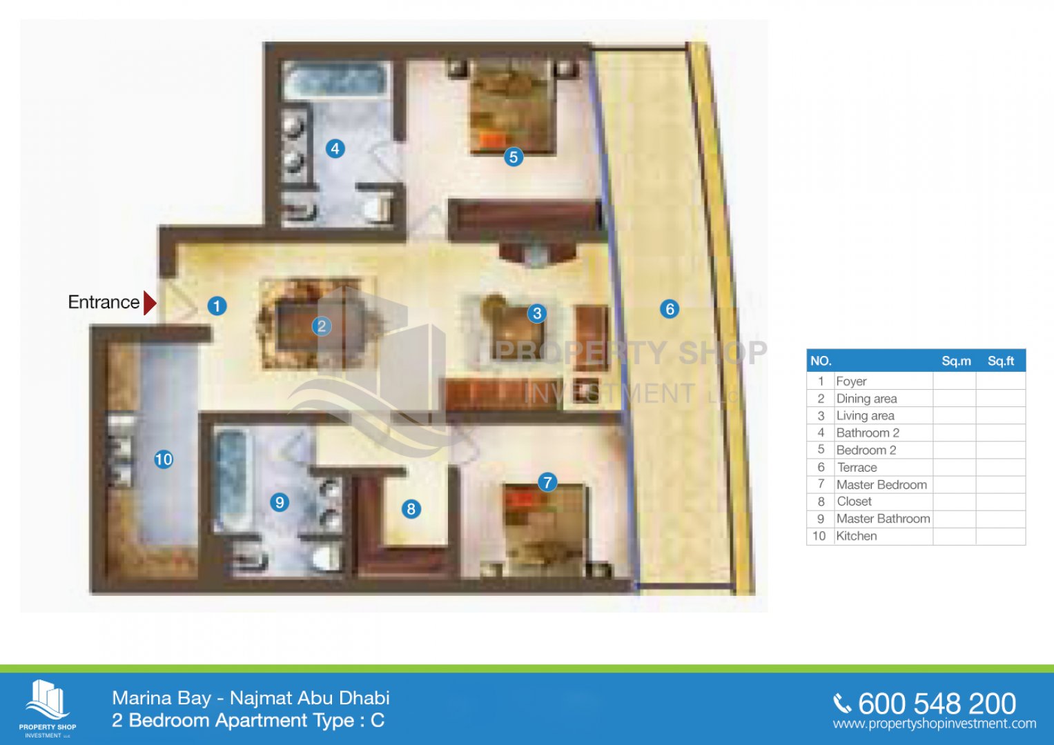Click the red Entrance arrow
(x=150, y=303)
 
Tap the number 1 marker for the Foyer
(x=217, y=306)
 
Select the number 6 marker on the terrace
(x=669, y=309)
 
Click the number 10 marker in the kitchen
(x=164, y=459)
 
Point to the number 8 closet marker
(x=411, y=509)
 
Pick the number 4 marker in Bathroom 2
(x=335, y=148)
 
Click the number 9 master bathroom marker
(x=280, y=502)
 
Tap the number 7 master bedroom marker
(x=547, y=482)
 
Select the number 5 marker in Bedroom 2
(x=514, y=157)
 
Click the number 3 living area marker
(x=537, y=313)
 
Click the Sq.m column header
(x=956, y=361)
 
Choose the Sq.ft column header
(x=1001, y=361)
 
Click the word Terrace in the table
(x=857, y=467)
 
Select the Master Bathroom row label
(x=884, y=518)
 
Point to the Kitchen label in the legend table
(x=857, y=536)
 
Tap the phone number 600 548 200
(x=937, y=704)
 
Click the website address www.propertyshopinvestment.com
(x=935, y=724)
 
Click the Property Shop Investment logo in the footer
(x=48, y=708)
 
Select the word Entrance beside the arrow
(x=104, y=302)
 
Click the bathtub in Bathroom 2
(x=336, y=81)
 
